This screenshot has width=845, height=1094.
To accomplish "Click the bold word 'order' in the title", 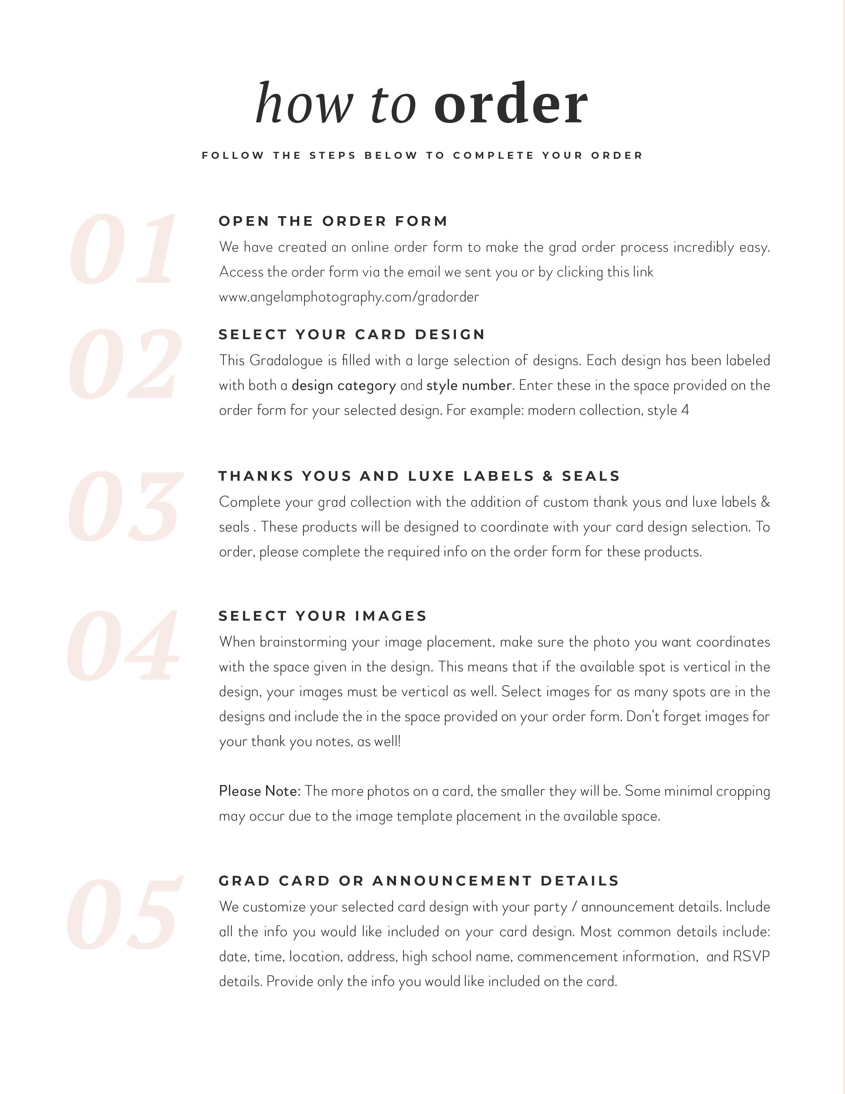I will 511,104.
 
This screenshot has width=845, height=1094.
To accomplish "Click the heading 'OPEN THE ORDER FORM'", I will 333,221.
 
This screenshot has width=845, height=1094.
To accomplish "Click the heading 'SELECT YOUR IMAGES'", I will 323,616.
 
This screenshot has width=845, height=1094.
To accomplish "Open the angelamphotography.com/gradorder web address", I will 349,297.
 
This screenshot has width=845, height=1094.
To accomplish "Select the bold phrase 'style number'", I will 469,386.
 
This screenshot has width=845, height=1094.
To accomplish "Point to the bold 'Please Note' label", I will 259,791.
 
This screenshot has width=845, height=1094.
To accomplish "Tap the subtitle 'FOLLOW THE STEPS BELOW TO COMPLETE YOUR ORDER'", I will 422,156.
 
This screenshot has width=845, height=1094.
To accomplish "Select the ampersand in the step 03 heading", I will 548,476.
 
